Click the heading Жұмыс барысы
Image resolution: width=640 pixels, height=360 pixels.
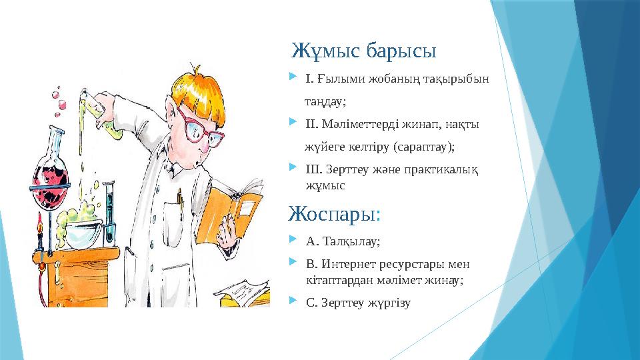[x=364, y=51]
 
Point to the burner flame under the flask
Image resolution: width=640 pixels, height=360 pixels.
[x=39, y=223]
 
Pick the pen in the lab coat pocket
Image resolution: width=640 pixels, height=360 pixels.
[x=179, y=197]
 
